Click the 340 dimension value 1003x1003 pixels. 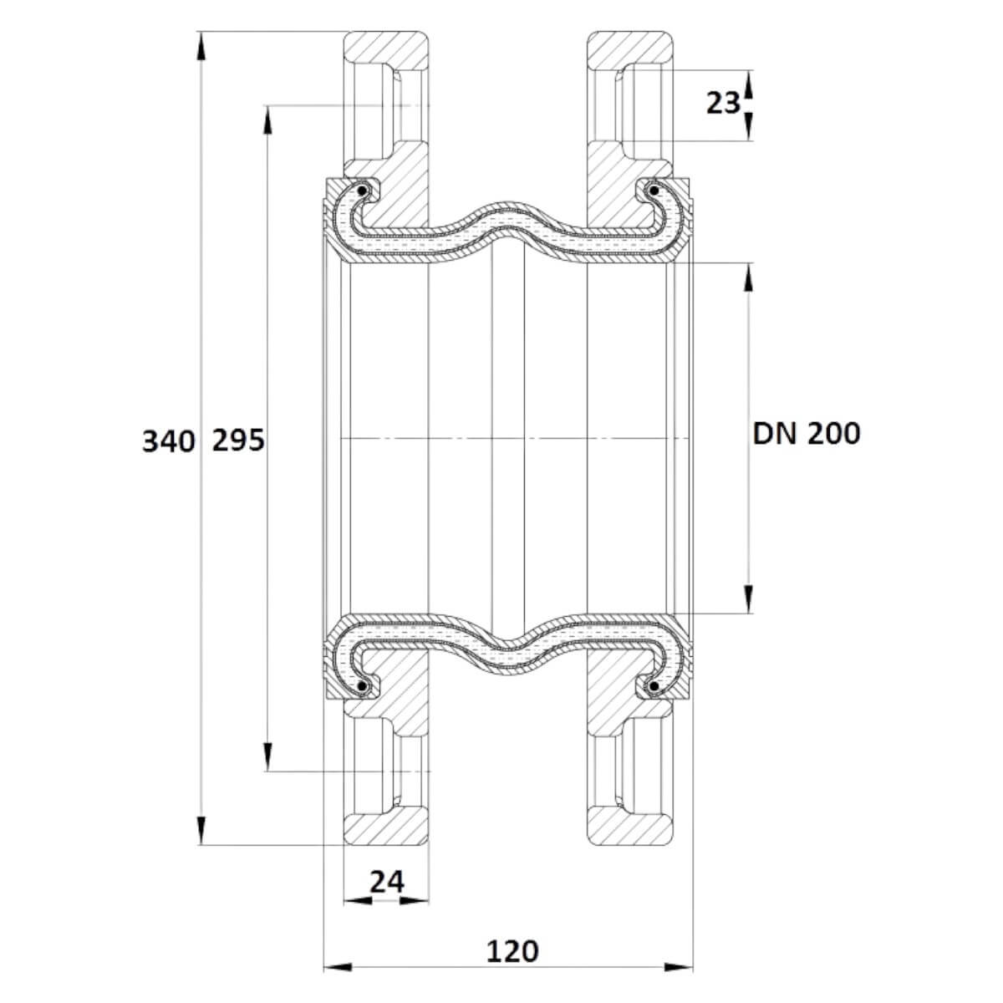tap(169, 441)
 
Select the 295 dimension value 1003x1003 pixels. tap(238, 440)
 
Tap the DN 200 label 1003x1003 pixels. tap(807, 434)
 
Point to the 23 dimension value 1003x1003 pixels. tap(723, 103)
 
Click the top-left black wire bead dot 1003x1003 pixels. tap(361, 191)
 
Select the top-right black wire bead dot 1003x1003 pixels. tap(654, 191)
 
